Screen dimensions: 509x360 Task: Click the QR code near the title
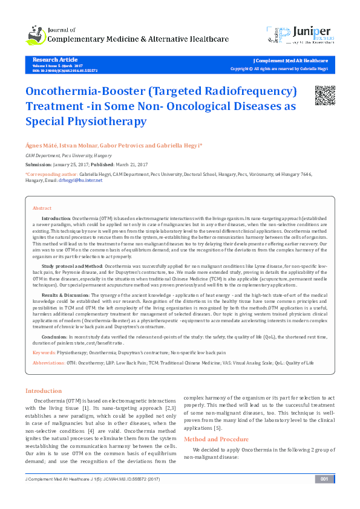[325, 96]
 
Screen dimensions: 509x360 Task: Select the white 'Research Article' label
[55, 60]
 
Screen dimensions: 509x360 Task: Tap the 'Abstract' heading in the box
[42, 207]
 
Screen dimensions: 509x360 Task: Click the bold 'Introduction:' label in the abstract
[56, 216]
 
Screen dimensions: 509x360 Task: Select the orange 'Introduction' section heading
[44, 391]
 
